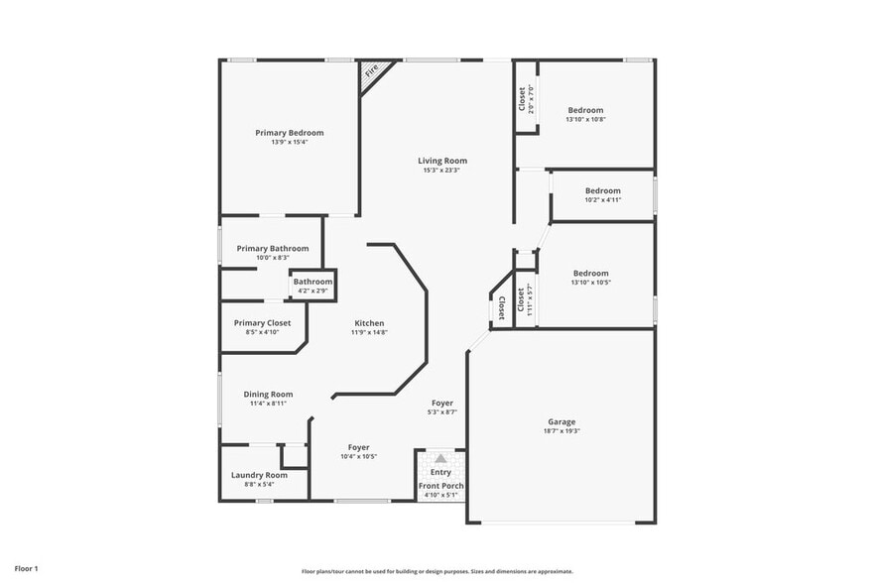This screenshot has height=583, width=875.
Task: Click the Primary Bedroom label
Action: tap(289, 133)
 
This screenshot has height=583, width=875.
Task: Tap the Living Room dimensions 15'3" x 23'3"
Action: tap(441, 171)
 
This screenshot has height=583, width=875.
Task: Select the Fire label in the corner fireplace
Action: tap(373, 71)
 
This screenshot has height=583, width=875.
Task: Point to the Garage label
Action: tap(562, 421)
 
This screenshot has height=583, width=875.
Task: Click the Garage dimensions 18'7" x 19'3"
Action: tap(562, 431)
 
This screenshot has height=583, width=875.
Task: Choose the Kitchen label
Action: tap(369, 323)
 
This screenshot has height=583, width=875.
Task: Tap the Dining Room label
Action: tap(268, 394)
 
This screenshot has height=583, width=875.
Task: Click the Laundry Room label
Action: tap(259, 475)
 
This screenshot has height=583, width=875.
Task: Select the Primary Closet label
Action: tap(263, 323)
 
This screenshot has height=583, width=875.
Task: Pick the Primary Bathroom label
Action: tap(272, 249)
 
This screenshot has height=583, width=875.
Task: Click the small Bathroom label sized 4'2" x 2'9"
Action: tap(312, 282)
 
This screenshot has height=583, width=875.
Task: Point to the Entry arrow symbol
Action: tap(440, 458)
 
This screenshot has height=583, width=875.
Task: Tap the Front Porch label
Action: tap(440, 486)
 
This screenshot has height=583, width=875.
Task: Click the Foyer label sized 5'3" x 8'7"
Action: tap(442, 403)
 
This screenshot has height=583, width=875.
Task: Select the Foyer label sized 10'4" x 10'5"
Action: tap(358, 447)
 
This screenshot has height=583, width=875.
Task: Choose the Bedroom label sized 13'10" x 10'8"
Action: tap(585, 110)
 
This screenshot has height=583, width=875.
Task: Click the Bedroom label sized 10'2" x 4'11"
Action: tap(602, 190)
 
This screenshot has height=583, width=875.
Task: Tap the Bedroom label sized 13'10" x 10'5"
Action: tap(590, 273)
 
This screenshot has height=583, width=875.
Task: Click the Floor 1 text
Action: tap(26, 569)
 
